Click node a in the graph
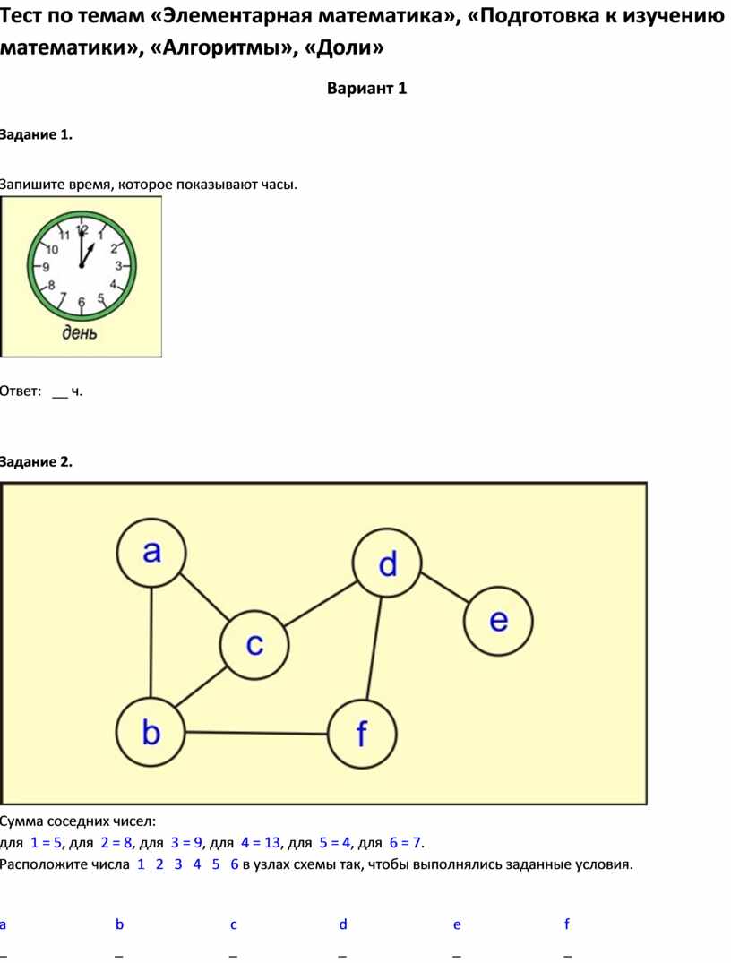tap(151, 553)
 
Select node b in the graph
tap(150, 732)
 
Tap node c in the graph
tap(254, 645)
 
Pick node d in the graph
tap(387, 563)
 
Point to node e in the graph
tap(498, 621)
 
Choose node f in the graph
tap(362, 734)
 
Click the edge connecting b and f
tap(256, 733)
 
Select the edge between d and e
tap(444, 588)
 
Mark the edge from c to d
tap(321, 605)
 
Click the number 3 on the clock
tap(118, 267)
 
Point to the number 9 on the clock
tap(46, 267)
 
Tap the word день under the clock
tap(79, 332)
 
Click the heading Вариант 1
tap(366, 89)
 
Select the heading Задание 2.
tap(36, 462)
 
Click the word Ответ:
tap(21, 391)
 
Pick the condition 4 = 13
tap(261, 843)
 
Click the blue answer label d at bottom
tap(343, 924)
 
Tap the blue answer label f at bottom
tap(566, 924)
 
